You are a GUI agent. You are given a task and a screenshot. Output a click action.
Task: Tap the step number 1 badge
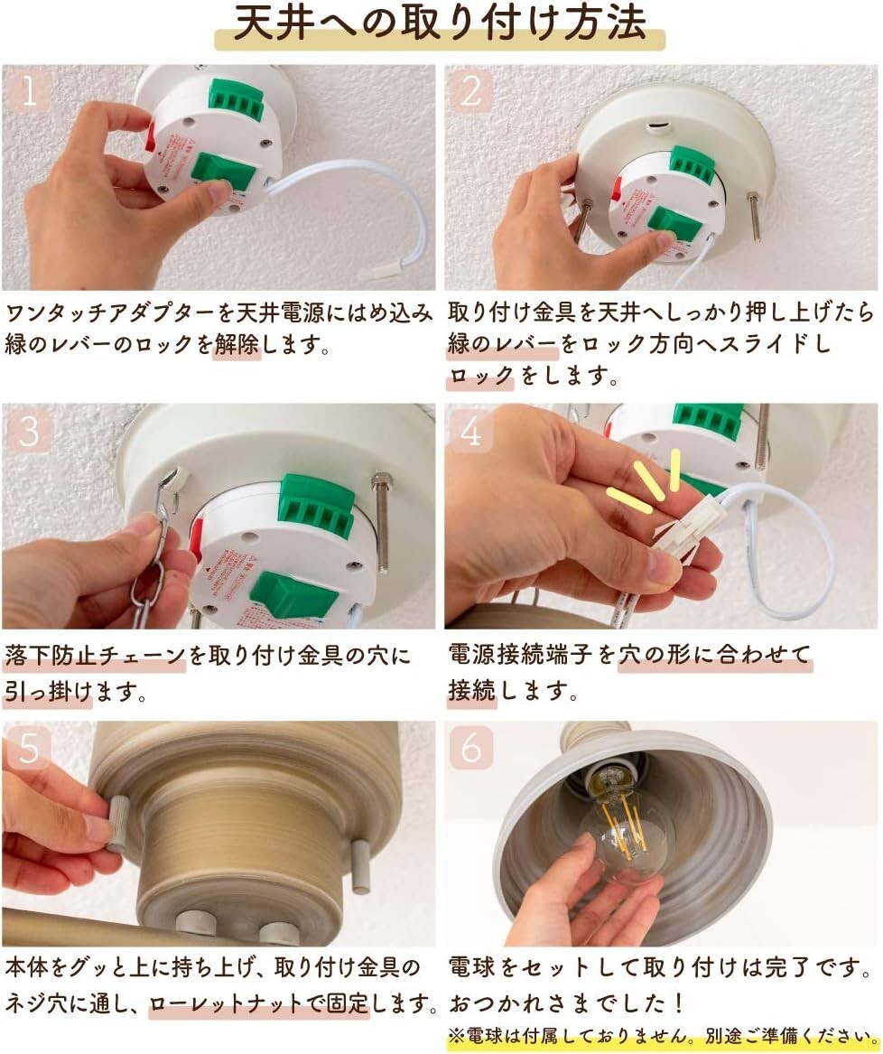point(28,90)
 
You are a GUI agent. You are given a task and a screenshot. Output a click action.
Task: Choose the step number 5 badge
point(28,747)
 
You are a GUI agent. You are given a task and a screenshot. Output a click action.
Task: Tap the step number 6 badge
point(470,747)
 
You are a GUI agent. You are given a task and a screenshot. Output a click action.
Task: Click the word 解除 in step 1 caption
point(237,345)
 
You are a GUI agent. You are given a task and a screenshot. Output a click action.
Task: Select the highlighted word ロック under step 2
point(480,375)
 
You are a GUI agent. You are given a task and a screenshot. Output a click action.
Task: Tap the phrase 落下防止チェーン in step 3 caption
point(95,655)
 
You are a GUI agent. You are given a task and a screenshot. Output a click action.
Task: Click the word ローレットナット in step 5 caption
point(226,1003)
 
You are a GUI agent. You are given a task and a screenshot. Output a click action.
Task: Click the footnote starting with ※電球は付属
point(662,1036)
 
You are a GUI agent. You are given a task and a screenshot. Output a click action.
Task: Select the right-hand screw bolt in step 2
point(754,216)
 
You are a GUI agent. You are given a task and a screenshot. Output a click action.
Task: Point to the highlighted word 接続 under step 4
point(472,690)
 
